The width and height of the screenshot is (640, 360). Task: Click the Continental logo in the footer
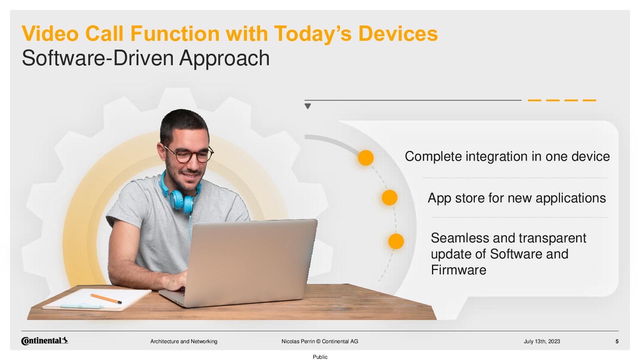pos(44,341)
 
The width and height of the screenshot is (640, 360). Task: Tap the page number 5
pos(617,342)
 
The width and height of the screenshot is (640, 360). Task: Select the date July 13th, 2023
pos(542,342)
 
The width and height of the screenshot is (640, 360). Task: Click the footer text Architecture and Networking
pos(184,342)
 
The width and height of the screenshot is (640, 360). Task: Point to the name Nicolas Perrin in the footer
pos(298,342)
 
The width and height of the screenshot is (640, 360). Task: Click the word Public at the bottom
pos(320,357)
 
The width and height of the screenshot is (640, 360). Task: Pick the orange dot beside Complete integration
pos(366,158)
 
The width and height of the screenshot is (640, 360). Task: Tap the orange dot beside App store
pos(390,198)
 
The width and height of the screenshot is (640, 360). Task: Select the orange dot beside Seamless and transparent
pos(396,241)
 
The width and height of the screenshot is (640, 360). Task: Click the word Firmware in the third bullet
pos(458,270)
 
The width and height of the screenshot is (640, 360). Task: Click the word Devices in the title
pos(398,34)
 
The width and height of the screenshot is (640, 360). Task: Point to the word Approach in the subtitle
pos(224,58)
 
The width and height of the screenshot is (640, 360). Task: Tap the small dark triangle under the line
pos(308,106)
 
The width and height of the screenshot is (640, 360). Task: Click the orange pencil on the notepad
pos(106,298)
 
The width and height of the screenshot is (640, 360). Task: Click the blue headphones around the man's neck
pos(180,194)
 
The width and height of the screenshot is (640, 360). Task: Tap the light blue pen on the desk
pos(82,306)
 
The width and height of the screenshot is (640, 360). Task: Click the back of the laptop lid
pos(252,262)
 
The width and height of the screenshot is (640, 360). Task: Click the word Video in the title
pos(50,34)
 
